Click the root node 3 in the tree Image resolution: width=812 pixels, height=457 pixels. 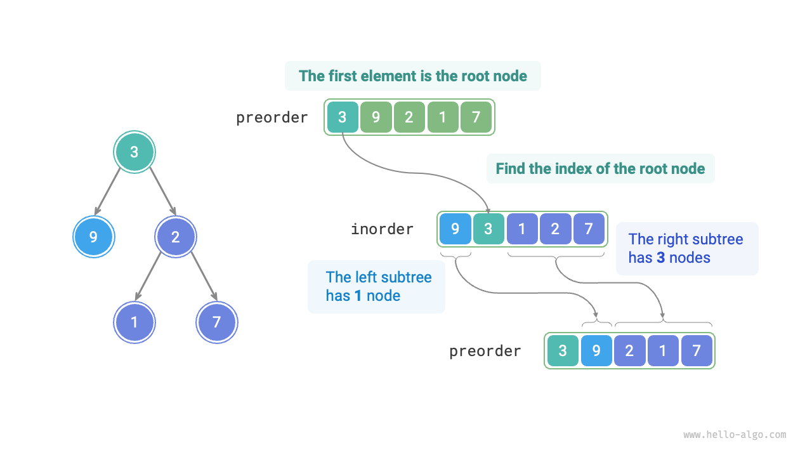pyautogui.click(x=134, y=152)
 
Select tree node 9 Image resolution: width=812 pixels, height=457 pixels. pyautogui.click(x=94, y=237)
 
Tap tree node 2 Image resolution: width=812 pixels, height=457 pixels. pyautogui.click(x=176, y=237)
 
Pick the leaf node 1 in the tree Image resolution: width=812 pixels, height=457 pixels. pyautogui.click(x=134, y=322)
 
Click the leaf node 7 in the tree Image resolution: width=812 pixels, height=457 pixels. pyautogui.click(x=217, y=322)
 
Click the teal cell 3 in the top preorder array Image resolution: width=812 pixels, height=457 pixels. pyautogui.click(x=343, y=117)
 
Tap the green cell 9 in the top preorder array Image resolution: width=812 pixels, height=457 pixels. pyautogui.click(x=376, y=117)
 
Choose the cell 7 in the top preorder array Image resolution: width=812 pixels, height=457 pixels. pyautogui.click(x=476, y=117)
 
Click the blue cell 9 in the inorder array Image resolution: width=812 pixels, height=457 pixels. pyautogui.click(x=455, y=229)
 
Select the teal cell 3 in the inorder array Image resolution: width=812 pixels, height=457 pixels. pyautogui.click(x=488, y=229)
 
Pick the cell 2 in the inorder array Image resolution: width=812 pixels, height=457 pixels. pyautogui.click(x=555, y=229)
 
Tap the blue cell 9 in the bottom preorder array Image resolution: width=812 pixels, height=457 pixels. pyautogui.click(x=596, y=351)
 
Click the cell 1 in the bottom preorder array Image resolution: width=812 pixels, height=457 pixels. pyautogui.click(x=663, y=351)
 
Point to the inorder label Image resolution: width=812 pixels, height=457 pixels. pyautogui.click(x=382, y=229)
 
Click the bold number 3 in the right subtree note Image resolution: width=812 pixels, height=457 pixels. pyautogui.click(x=660, y=258)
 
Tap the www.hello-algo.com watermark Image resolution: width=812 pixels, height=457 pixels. pyautogui.click(x=735, y=435)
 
